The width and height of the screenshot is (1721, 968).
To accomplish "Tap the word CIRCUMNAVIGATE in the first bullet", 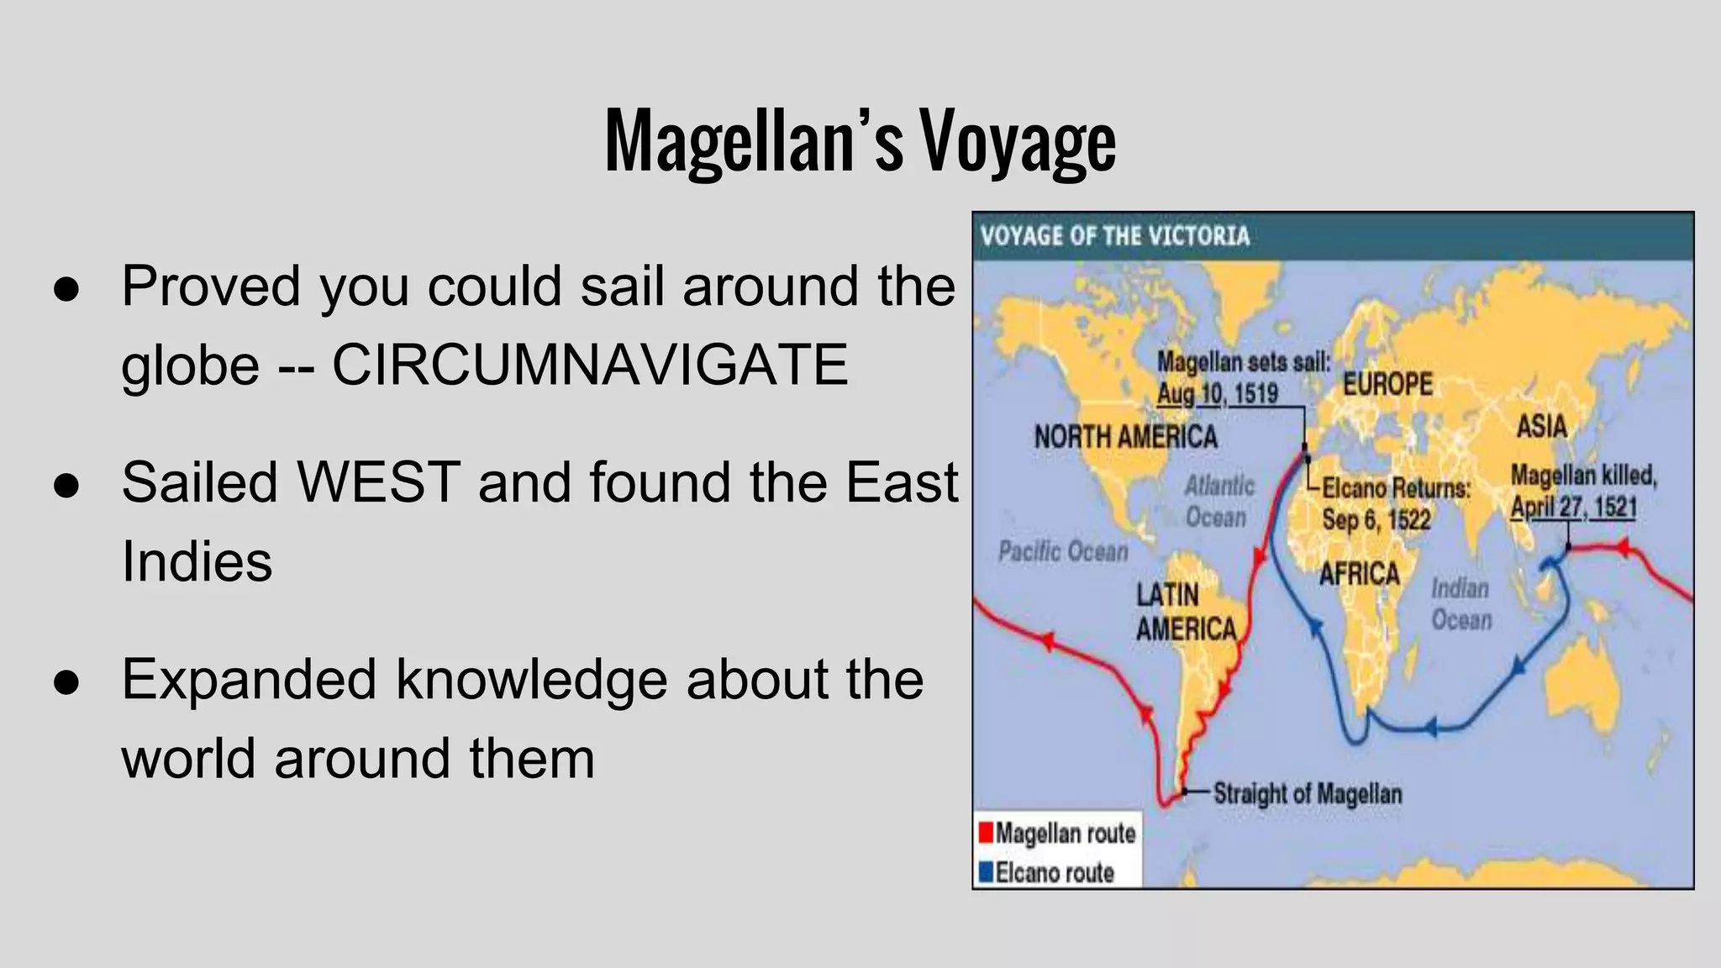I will pos(590,365).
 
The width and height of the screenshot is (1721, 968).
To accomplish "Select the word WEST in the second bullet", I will pos(378,483).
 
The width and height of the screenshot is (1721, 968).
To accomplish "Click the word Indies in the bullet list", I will pos(197,561).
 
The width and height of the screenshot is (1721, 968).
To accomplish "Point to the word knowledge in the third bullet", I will pos(532,679).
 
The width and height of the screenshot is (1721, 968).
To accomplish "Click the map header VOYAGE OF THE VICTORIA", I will pos(1115,236).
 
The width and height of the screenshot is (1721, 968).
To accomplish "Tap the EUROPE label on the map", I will pos(1387,384).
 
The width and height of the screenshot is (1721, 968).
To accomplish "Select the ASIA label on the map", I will pos(1541,426).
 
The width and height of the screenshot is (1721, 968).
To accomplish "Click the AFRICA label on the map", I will pos(1359,574).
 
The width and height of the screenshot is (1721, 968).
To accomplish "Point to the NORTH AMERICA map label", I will pos(1125,437).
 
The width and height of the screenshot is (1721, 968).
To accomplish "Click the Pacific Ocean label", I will pos(1063,552).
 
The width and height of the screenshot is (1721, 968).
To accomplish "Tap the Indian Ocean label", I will pos(1461,604).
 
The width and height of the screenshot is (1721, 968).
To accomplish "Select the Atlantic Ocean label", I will pos(1218,501).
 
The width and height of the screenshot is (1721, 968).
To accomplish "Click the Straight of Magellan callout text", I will pos(1308,793).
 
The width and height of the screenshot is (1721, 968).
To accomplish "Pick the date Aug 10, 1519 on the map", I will pos(1217,393).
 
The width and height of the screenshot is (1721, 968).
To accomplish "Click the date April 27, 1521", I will pos(1573,508).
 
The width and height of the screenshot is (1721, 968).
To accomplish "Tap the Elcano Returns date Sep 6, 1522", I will pos(1376,519).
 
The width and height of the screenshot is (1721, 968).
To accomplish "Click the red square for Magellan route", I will pos(987,833).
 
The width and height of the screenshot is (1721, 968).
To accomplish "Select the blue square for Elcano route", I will pos(987,872).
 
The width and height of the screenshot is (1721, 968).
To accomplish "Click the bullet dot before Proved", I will pos(66,287).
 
